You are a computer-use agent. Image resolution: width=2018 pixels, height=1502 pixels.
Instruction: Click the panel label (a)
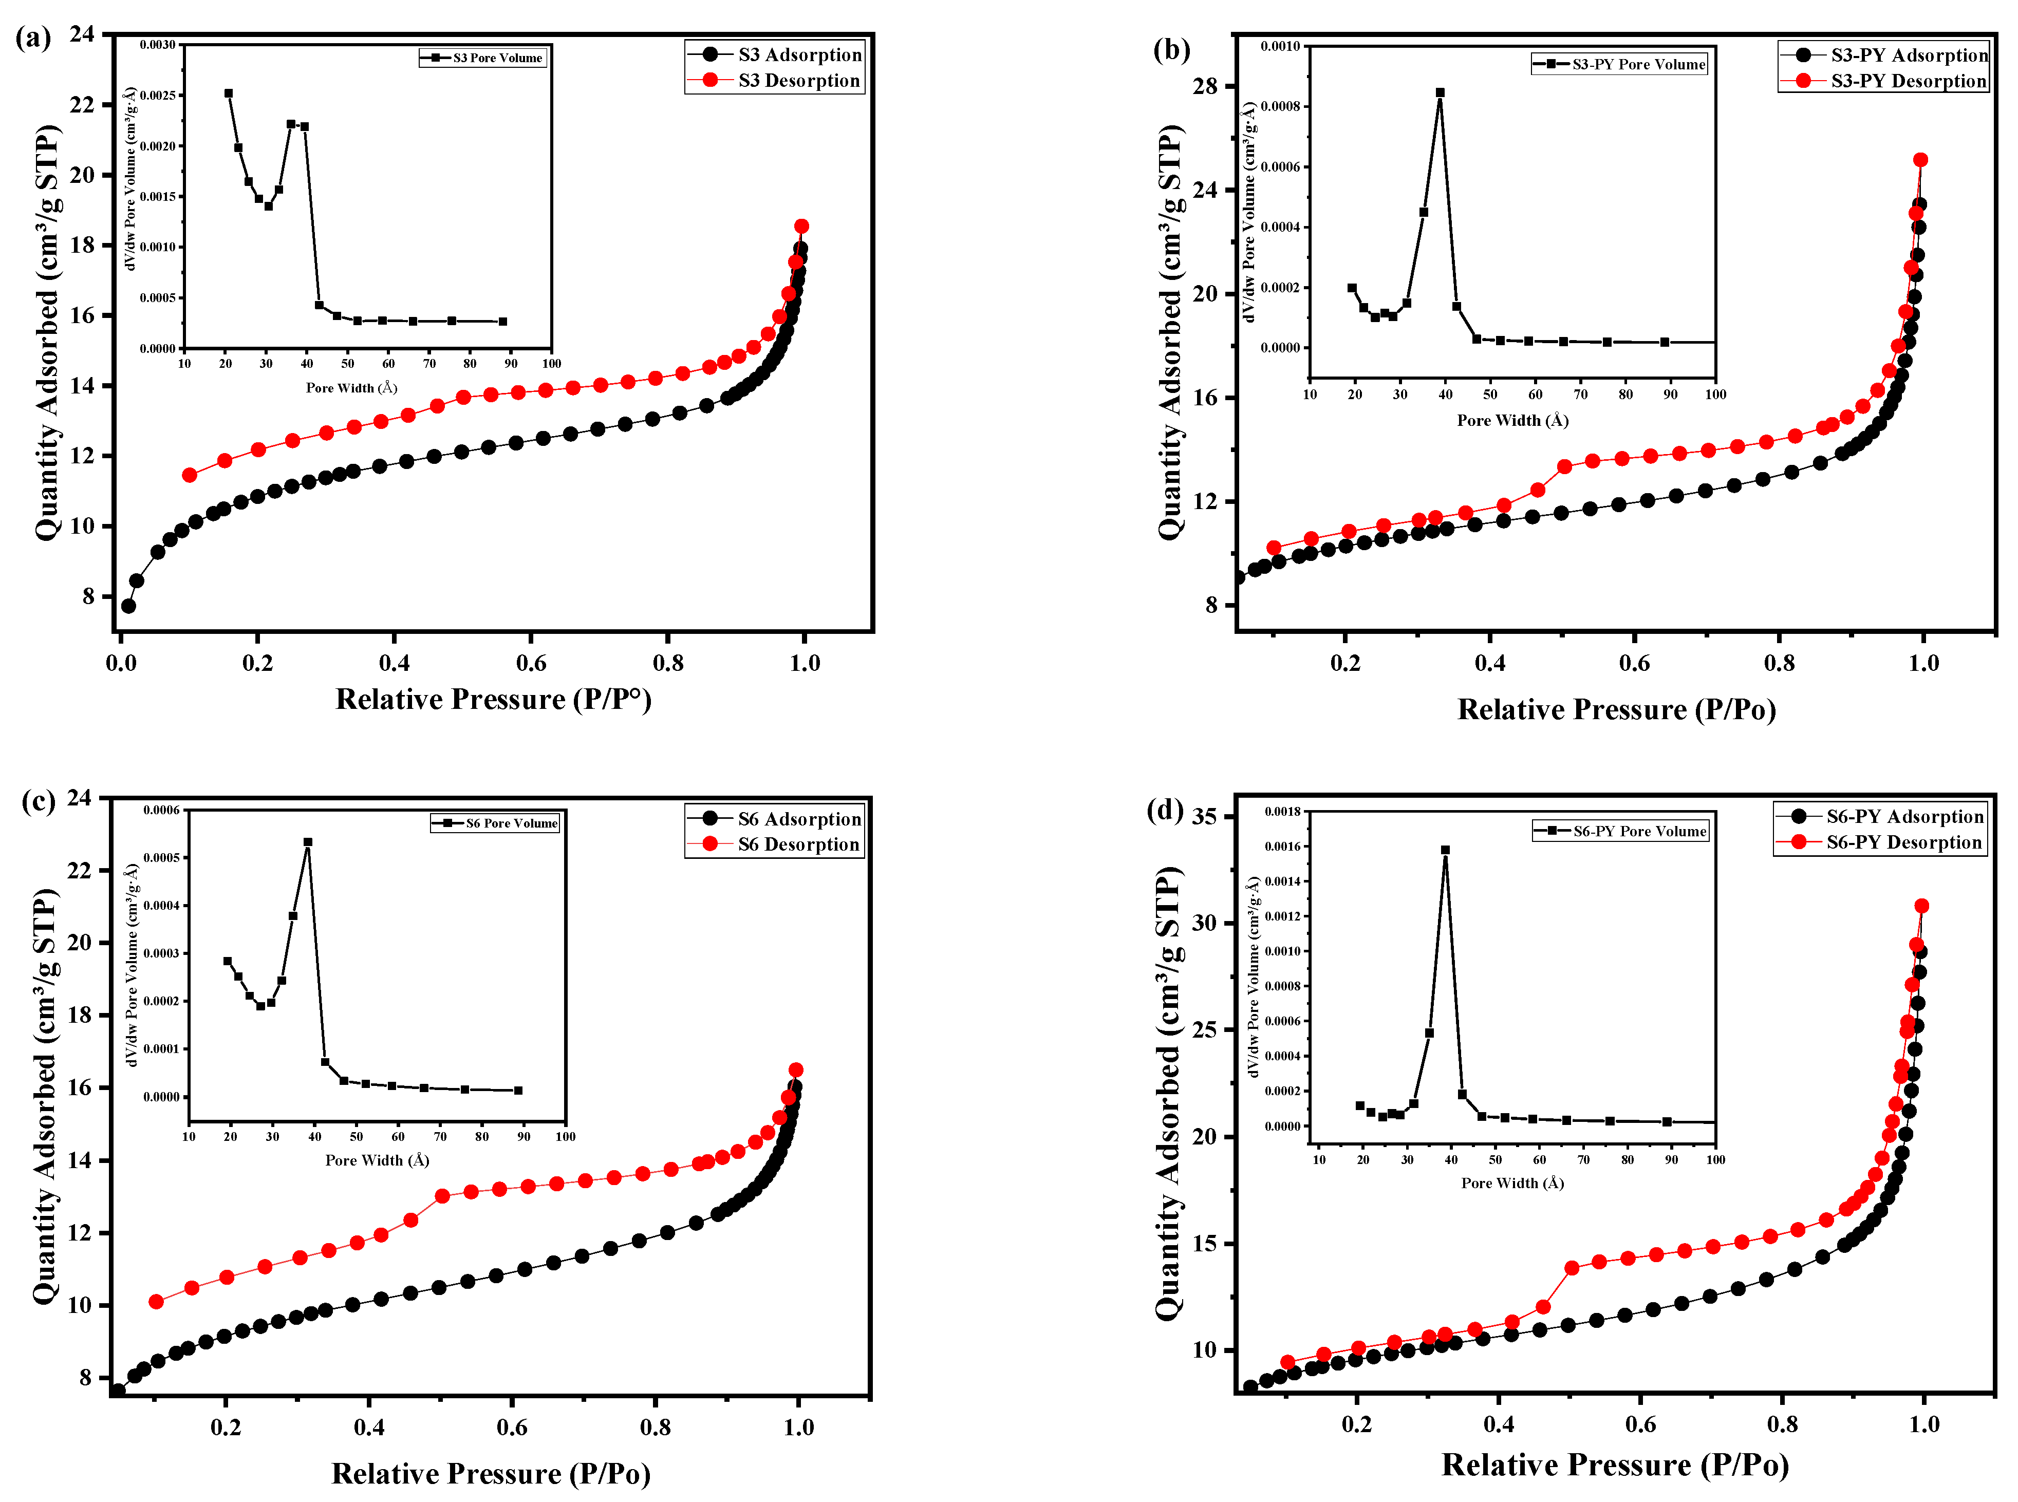pyautogui.click(x=33, y=38)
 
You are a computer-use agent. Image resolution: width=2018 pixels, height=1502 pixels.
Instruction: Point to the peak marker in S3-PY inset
pyautogui.click(x=1440, y=93)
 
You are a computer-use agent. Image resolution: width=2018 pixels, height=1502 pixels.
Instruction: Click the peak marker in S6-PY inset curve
pyautogui.click(x=1445, y=850)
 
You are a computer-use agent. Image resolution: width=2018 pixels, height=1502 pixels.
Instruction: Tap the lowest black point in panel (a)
pyautogui.click(x=128, y=606)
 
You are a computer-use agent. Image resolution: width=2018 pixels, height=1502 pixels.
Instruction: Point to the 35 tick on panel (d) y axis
pyautogui.click(x=1204, y=816)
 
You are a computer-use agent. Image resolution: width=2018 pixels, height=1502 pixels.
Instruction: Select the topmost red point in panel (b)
pyautogui.click(x=1921, y=160)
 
